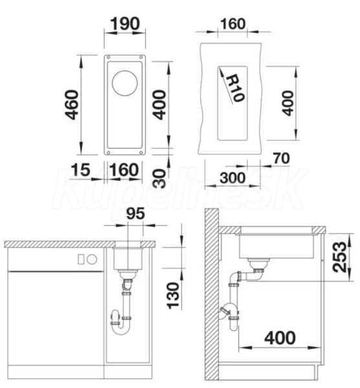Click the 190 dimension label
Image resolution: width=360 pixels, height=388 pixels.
125,24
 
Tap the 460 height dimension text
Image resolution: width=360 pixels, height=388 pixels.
72,105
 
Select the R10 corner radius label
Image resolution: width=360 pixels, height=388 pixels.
234,88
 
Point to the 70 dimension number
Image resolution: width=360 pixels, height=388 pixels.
281,158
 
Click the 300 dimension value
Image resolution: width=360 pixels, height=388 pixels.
232,178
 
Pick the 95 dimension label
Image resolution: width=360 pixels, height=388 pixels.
135,213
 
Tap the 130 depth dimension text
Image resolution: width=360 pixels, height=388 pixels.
173,296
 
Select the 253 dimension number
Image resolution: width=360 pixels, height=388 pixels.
339,257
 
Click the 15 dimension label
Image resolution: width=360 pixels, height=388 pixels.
80,169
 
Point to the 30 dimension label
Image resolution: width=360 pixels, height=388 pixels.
160,178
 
